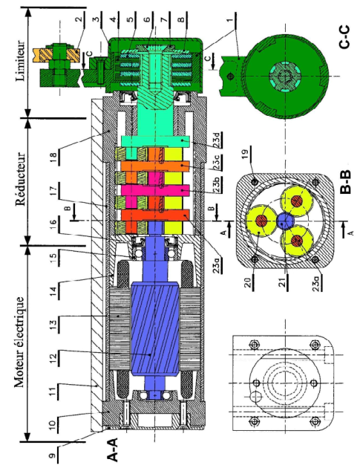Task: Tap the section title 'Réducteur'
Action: click(x=21, y=179)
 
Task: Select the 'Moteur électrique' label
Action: click(x=20, y=342)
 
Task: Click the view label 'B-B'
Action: click(x=345, y=182)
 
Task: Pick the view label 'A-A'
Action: click(x=112, y=449)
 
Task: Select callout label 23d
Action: click(x=217, y=140)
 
